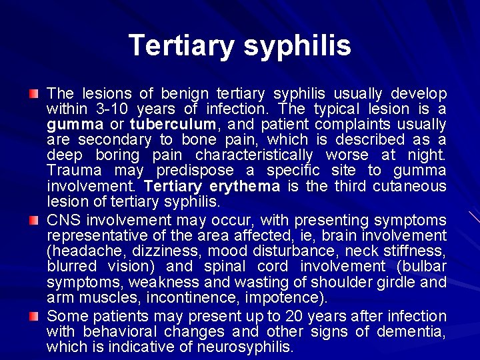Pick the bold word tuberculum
[173, 124]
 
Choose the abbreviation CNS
[61, 220]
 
